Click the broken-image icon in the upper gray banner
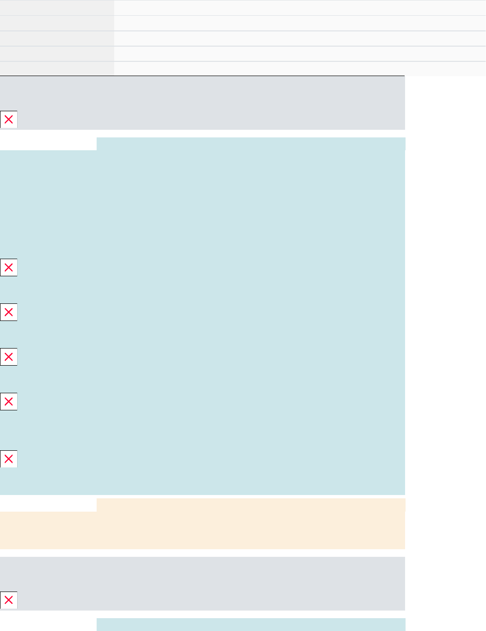point(9,120)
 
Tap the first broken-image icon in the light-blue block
point(9,268)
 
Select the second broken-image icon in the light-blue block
point(9,312)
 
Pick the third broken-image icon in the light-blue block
point(9,357)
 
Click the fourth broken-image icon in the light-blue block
point(9,402)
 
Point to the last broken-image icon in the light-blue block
point(9,459)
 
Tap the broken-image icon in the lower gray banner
point(9,600)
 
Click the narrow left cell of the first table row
point(57,8)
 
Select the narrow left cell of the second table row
point(57,23)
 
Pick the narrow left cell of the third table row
point(57,39)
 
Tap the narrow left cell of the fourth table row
point(57,54)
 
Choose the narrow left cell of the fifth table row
point(57,68)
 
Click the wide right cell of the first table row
point(299,8)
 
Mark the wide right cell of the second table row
point(299,23)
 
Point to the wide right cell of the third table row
point(299,39)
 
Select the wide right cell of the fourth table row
point(299,54)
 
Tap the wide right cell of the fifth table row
point(299,68)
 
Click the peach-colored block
point(202,528)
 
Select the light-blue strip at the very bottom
point(251,624)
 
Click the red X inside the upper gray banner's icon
point(9,120)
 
